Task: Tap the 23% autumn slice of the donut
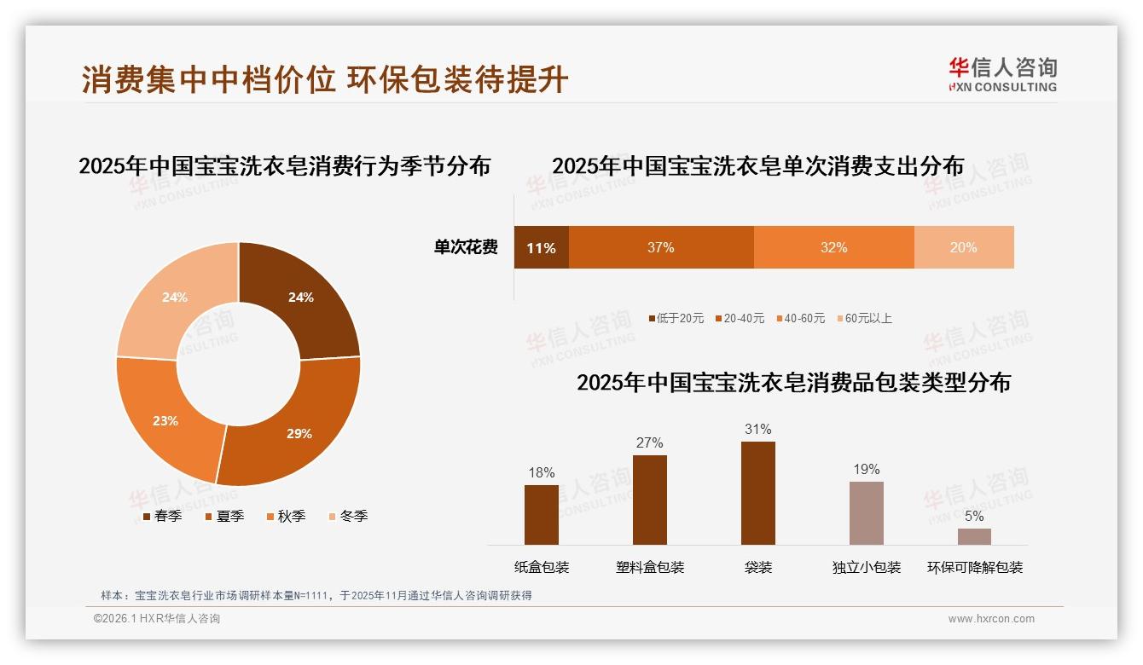[x=166, y=419]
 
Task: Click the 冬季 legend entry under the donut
[x=347, y=516]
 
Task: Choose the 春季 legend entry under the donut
[x=161, y=516]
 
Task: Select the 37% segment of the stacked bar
[x=661, y=247]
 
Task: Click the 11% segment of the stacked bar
[x=541, y=247]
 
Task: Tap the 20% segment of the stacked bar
[x=964, y=247]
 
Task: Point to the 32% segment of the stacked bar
[x=833, y=247]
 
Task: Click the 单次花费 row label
[x=466, y=247]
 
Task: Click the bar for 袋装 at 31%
[x=757, y=493]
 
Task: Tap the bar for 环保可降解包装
[x=974, y=536]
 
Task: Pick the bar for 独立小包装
[x=866, y=512]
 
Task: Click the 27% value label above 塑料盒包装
[x=649, y=442]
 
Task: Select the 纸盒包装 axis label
[x=542, y=567]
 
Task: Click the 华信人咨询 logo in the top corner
[x=1002, y=74]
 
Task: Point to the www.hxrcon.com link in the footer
[x=991, y=619]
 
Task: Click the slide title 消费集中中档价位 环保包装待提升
[x=325, y=79]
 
